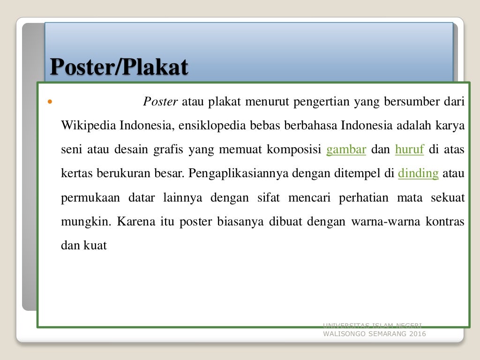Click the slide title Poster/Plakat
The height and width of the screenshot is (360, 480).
pos(119,67)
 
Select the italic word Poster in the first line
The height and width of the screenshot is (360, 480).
pos(160,102)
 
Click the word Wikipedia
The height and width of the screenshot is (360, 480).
pos(89,126)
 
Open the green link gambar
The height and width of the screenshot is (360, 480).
pos(346,150)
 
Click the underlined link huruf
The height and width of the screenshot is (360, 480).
pos(410,150)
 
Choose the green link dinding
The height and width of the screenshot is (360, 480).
pos(418,173)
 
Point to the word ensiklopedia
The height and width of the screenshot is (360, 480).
pos(205,126)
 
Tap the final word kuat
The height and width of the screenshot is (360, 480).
pos(96,245)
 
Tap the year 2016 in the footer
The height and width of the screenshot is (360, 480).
pos(417,334)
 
